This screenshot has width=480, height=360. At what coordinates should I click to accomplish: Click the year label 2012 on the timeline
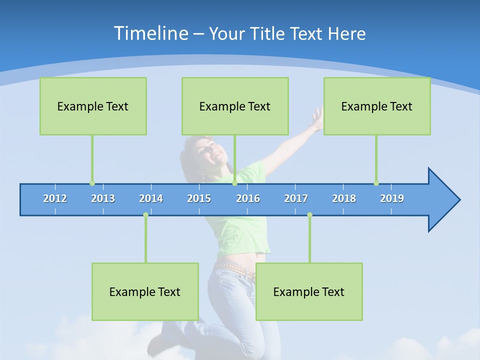coord(55,198)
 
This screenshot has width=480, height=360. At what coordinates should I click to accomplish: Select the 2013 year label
coord(103,198)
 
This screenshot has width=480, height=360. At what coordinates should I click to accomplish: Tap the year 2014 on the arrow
coord(151,198)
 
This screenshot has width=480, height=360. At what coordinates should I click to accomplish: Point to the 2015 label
coord(199,198)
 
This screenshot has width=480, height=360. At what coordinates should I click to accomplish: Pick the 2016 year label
coord(248,198)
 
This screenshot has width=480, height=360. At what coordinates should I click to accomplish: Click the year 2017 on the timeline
coord(296,198)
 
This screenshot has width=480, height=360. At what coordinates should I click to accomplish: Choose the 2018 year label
coord(344,198)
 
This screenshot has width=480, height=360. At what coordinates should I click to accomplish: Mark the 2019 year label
coord(392,198)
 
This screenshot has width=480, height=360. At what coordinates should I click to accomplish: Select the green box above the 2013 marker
coord(93,106)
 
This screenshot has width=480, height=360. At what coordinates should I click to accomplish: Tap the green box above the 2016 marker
coord(235,106)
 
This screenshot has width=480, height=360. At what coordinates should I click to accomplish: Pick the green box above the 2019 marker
coord(377,106)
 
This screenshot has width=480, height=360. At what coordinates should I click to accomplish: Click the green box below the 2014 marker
coord(145,291)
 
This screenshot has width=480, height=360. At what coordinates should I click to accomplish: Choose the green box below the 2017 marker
coord(309,291)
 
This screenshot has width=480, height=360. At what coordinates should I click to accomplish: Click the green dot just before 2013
coord(92,183)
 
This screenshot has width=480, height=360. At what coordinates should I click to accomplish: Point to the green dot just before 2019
coord(376,183)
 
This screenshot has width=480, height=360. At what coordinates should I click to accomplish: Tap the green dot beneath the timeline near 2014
coord(145,214)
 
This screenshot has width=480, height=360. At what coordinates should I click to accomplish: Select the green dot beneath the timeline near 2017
coord(309,214)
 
